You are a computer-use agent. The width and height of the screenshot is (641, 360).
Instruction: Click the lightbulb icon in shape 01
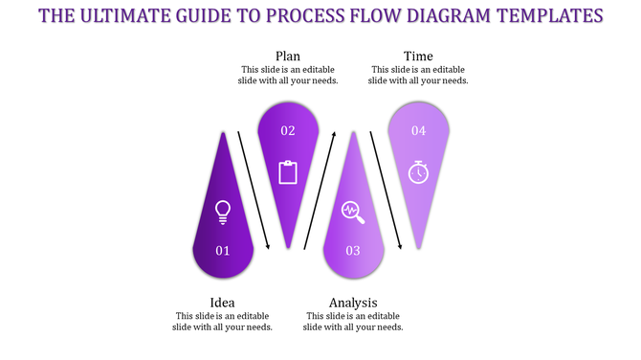coord(223,212)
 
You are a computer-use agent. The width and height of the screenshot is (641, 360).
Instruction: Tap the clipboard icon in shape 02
coord(288,171)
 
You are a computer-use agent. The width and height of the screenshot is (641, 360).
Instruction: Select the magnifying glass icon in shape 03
coord(353,212)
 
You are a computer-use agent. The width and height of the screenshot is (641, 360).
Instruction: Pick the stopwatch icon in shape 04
coord(418,171)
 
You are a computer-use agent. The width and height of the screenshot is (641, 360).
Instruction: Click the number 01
coord(223,251)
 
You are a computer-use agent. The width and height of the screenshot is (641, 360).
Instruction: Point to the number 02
coord(288,130)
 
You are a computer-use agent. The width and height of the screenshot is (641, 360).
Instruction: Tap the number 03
coord(353,251)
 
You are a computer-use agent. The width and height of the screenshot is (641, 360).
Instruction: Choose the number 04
coord(418,130)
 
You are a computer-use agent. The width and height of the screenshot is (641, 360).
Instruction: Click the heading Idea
coord(224,304)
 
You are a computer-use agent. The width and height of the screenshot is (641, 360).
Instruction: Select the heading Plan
coord(288,56)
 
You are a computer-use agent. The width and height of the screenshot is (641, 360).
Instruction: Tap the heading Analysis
coord(353,304)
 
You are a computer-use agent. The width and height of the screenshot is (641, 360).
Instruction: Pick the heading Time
coord(419,56)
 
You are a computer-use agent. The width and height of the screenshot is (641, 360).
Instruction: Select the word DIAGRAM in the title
coord(437,15)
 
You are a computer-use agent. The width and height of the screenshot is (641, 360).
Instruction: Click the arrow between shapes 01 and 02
coord(254,190)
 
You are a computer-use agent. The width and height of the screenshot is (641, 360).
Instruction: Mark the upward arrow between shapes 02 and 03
coord(320,190)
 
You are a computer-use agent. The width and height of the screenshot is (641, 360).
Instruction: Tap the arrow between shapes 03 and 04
coord(386,190)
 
